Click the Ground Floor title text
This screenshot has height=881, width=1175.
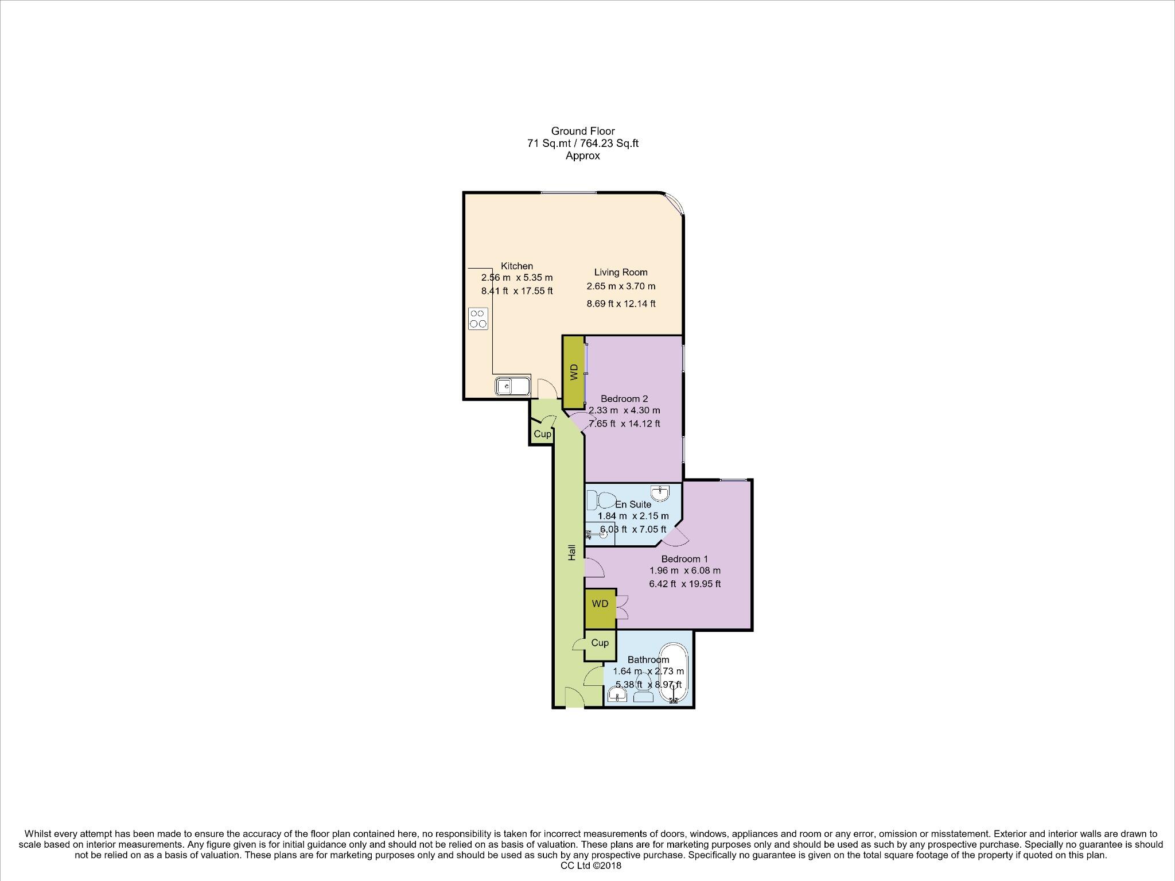click(583, 131)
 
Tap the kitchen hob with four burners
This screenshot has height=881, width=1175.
click(478, 319)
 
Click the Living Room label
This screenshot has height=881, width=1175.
click(621, 273)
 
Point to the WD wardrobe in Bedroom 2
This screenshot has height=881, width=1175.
click(573, 372)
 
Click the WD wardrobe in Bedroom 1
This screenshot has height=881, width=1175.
click(600, 604)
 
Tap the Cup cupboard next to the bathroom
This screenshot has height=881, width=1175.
click(600, 643)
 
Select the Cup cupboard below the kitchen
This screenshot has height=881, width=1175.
click(542, 434)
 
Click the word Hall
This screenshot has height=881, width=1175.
click(571, 553)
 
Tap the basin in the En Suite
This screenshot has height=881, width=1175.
click(660, 492)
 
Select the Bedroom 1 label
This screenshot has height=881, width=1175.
click(684, 559)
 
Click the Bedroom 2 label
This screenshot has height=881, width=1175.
click(624, 399)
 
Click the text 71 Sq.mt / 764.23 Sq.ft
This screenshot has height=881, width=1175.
click(583, 143)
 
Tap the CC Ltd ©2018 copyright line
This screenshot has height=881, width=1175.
click(591, 866)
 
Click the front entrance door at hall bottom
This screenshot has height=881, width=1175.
click(574, 698)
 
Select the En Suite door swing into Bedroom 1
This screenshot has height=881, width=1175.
click(675, 537)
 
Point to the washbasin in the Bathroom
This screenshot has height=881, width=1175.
click(617, 696)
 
